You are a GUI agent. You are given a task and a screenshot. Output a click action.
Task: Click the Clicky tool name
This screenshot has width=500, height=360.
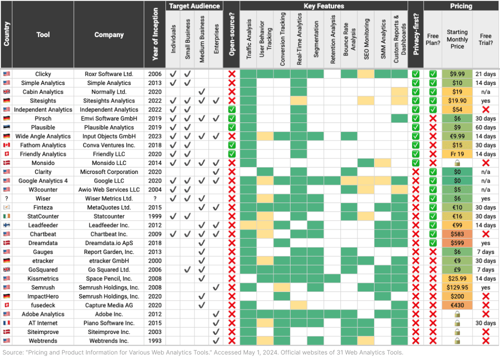tap(43, 74)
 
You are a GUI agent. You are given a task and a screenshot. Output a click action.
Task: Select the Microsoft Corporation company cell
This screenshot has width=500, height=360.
tap(109, 172)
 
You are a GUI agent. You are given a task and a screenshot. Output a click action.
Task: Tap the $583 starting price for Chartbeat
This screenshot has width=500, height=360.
tap(457, 234)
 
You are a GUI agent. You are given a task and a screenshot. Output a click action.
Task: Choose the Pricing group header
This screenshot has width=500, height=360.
tap(460, 6)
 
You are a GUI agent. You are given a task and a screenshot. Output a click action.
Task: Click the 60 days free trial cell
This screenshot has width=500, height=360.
tap(485, 127)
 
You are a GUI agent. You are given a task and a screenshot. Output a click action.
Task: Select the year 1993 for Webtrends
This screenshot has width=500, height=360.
tap(155, 341)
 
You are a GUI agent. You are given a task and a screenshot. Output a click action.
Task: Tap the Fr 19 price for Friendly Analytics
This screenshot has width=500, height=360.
tap(457, 154)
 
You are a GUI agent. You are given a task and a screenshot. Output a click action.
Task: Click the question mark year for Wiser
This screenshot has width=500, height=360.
tap(155, 198)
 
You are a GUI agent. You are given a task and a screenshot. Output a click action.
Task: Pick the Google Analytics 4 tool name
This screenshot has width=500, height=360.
tap(43, 181)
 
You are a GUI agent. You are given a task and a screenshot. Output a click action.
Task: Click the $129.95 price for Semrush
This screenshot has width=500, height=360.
tap(457, 287)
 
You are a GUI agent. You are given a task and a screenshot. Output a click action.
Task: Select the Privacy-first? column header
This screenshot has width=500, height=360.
tap(415, 35)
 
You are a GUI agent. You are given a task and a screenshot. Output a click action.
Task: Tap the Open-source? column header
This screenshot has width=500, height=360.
tap(231, 35)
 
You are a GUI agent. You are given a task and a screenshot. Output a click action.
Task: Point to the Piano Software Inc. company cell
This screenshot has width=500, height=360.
tap(109, 323)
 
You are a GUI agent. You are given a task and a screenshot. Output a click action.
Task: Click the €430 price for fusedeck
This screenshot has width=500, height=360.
tap(457, 305)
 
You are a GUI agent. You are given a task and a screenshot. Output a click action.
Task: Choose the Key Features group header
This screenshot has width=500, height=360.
tap(323, 6)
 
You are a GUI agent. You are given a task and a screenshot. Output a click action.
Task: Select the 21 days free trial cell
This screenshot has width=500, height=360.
tap(485, 74)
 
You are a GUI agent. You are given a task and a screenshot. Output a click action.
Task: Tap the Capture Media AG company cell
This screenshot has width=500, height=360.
tap(109, 305)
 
